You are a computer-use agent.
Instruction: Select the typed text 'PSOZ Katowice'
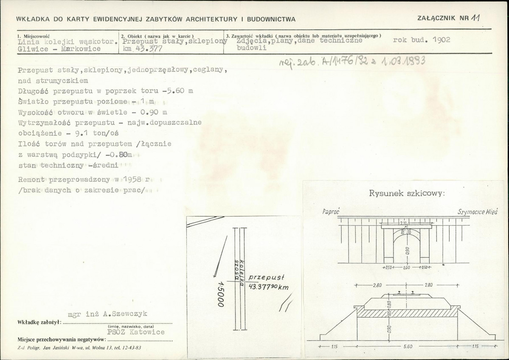136,332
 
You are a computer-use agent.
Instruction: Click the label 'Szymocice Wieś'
477,211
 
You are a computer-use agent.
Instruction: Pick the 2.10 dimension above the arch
402,223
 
